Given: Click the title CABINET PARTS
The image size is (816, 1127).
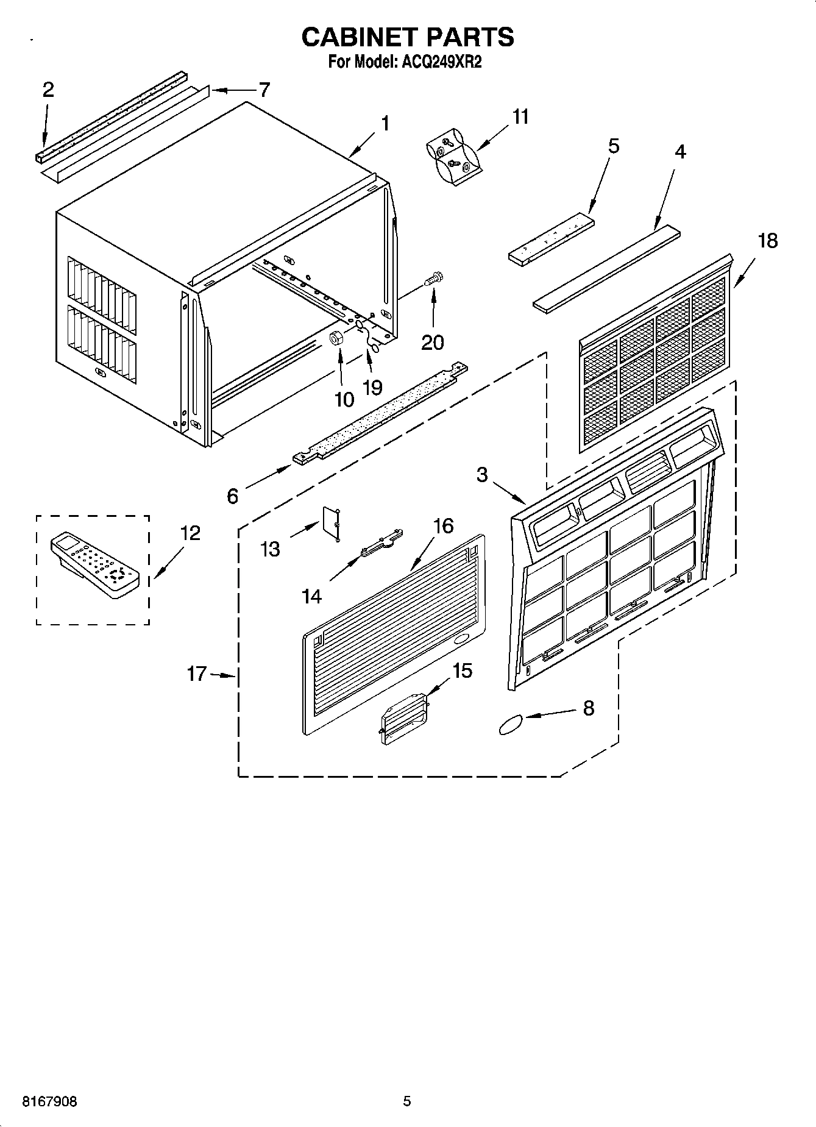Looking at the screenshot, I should pos(408,37).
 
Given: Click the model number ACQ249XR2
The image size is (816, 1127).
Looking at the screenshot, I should pos(439,62).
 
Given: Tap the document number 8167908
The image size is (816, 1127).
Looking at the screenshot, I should pos(49,1102).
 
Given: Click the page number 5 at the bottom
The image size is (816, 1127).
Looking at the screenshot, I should pos(407,1101).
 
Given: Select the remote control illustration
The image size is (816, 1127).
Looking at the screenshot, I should pos(94,566).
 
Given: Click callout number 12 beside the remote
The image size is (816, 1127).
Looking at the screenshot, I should pos(190,533).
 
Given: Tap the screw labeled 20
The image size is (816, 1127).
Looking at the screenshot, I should pos(435,280).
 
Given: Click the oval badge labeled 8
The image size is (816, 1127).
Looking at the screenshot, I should pos(511,724).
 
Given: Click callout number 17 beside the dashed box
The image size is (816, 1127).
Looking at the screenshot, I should pos(197,674).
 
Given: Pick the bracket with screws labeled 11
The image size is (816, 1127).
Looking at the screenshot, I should pos(454,156).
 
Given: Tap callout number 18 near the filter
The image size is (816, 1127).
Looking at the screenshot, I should pos(767,241).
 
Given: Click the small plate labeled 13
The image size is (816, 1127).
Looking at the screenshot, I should pos(332,522).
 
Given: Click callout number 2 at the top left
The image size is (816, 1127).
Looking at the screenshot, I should pos(48,90).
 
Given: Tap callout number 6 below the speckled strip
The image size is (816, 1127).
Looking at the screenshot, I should pos(233,496).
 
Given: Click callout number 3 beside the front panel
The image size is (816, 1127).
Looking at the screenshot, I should pos(482,475).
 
